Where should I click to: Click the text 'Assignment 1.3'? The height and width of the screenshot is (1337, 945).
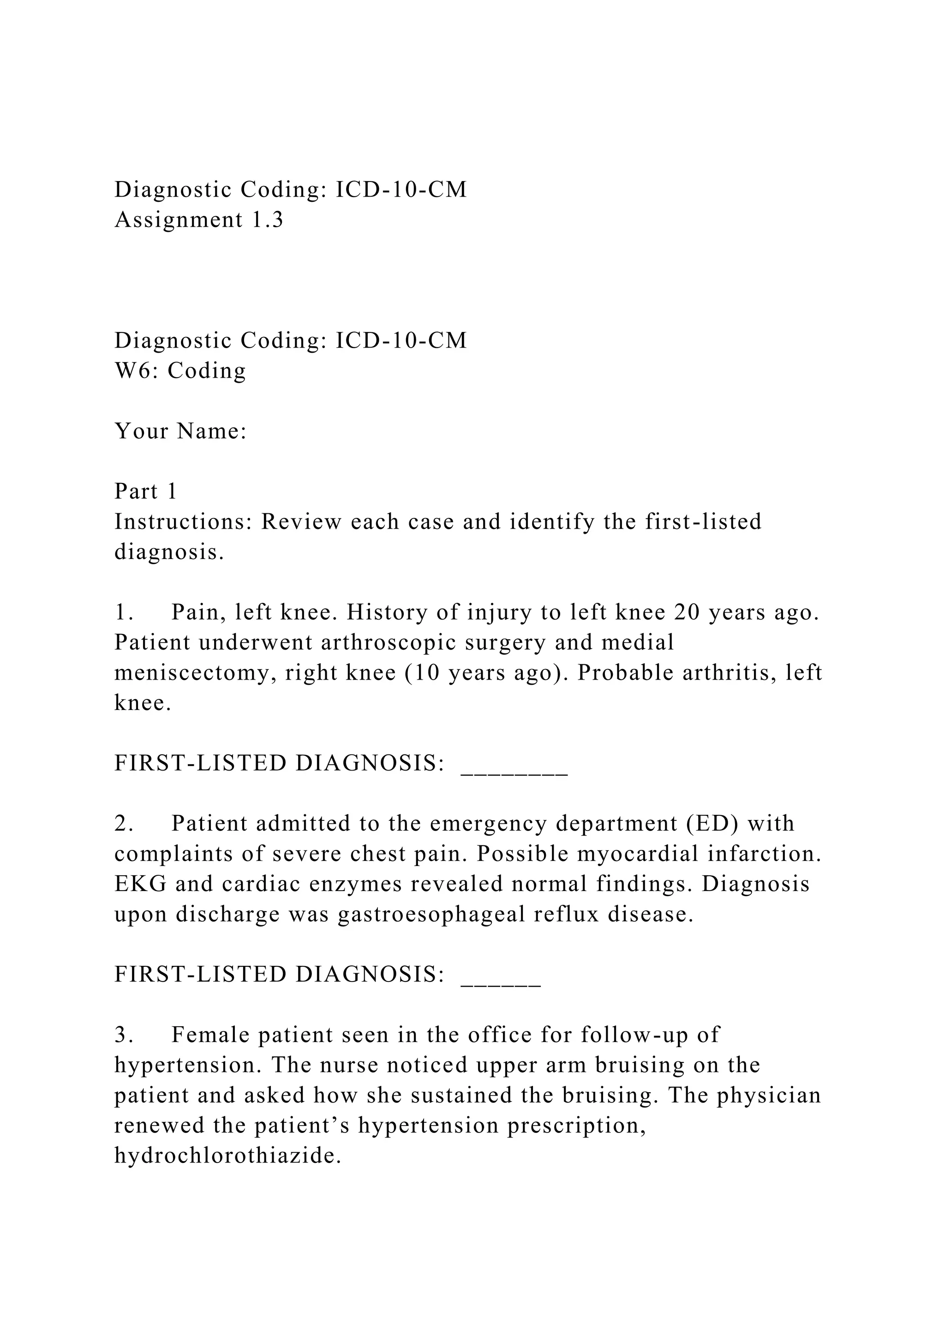199,220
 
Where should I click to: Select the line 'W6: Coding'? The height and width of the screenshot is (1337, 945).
180,371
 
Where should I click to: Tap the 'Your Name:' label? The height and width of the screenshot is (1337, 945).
181,432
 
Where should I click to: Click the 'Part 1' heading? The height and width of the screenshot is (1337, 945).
145,492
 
